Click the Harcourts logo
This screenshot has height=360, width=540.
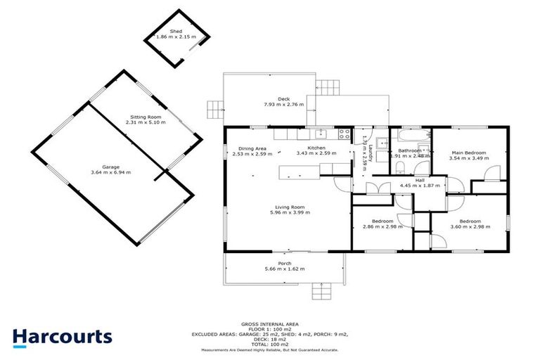click(63, 336)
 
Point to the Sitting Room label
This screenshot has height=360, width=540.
click(145, 117)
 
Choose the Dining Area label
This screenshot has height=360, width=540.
click(251, 148)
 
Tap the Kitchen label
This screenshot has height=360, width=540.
click(316, 148)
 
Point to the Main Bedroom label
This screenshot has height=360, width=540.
click(468, 153)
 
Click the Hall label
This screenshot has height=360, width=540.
click(420, 180)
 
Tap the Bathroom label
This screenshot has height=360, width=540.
click(410, 150)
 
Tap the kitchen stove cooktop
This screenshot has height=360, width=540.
click(345, 134)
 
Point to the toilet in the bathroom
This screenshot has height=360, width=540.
click(399, 166)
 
